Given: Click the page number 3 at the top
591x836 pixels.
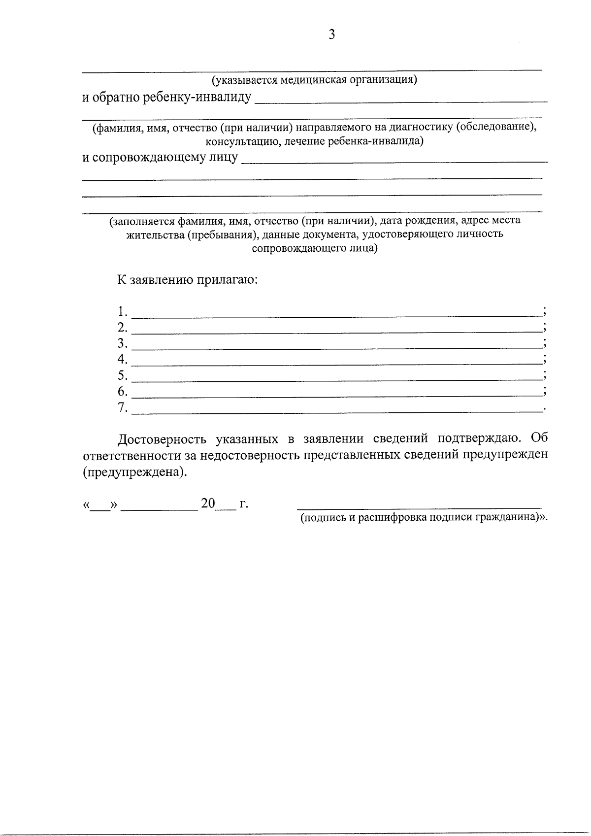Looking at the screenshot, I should click(331, 34).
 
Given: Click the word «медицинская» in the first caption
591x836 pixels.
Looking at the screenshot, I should click(312, 79).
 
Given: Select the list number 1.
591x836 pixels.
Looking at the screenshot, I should click(122, 311).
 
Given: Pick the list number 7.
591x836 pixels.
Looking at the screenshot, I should click(122, 407).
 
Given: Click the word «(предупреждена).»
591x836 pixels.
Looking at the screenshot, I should click(135, 472).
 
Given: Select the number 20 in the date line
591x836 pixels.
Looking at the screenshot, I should click(208, 503).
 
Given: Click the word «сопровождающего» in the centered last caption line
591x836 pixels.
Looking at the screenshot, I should click(291, 248).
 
